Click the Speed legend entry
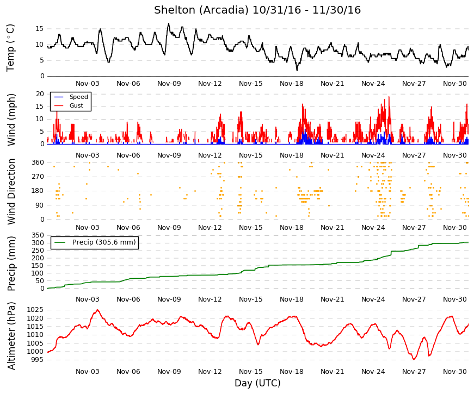(71, 97)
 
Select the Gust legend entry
(69, 105)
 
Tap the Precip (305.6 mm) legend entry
(95, 242)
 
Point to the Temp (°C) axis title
(10, 48)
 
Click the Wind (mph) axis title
(11, 120)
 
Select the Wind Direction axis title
(11, 191)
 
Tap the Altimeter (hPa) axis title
(11, 336)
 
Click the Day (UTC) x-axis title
(257, 383)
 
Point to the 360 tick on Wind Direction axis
(38, 162)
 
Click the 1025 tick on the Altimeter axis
(35, 310)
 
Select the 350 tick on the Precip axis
(38, 235)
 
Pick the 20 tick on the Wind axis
(40, 94)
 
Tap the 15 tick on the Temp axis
(40, 29)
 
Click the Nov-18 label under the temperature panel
(291, 84)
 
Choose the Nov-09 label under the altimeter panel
(169, 372)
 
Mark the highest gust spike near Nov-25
(389, 97)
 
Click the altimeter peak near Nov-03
(97, 310)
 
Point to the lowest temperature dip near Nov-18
(297, 70)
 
